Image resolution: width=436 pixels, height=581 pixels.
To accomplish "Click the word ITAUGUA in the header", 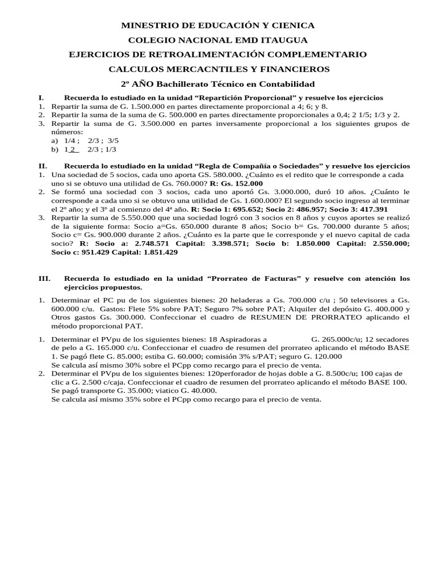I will pos(282,40).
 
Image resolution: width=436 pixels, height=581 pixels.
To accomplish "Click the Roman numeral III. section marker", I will pos(45,279).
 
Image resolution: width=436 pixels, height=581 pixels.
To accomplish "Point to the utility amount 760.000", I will pos(182,183).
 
